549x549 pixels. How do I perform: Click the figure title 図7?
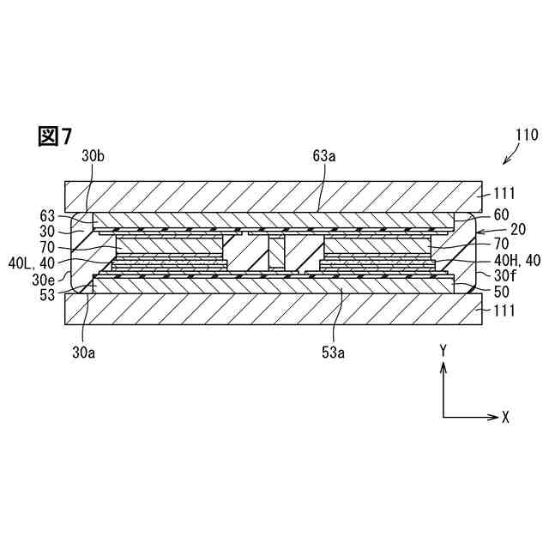[x=55, y=136]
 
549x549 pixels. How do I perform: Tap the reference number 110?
[x=526, y=135]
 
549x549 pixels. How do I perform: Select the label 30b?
[x=94, y=156]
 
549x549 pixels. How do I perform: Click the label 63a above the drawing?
[x=324, y=156]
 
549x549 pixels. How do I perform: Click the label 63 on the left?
[x=48, y=215]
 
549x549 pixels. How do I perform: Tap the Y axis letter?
[x=443, y=350]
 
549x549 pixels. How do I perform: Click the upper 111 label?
[x=504, y=195]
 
